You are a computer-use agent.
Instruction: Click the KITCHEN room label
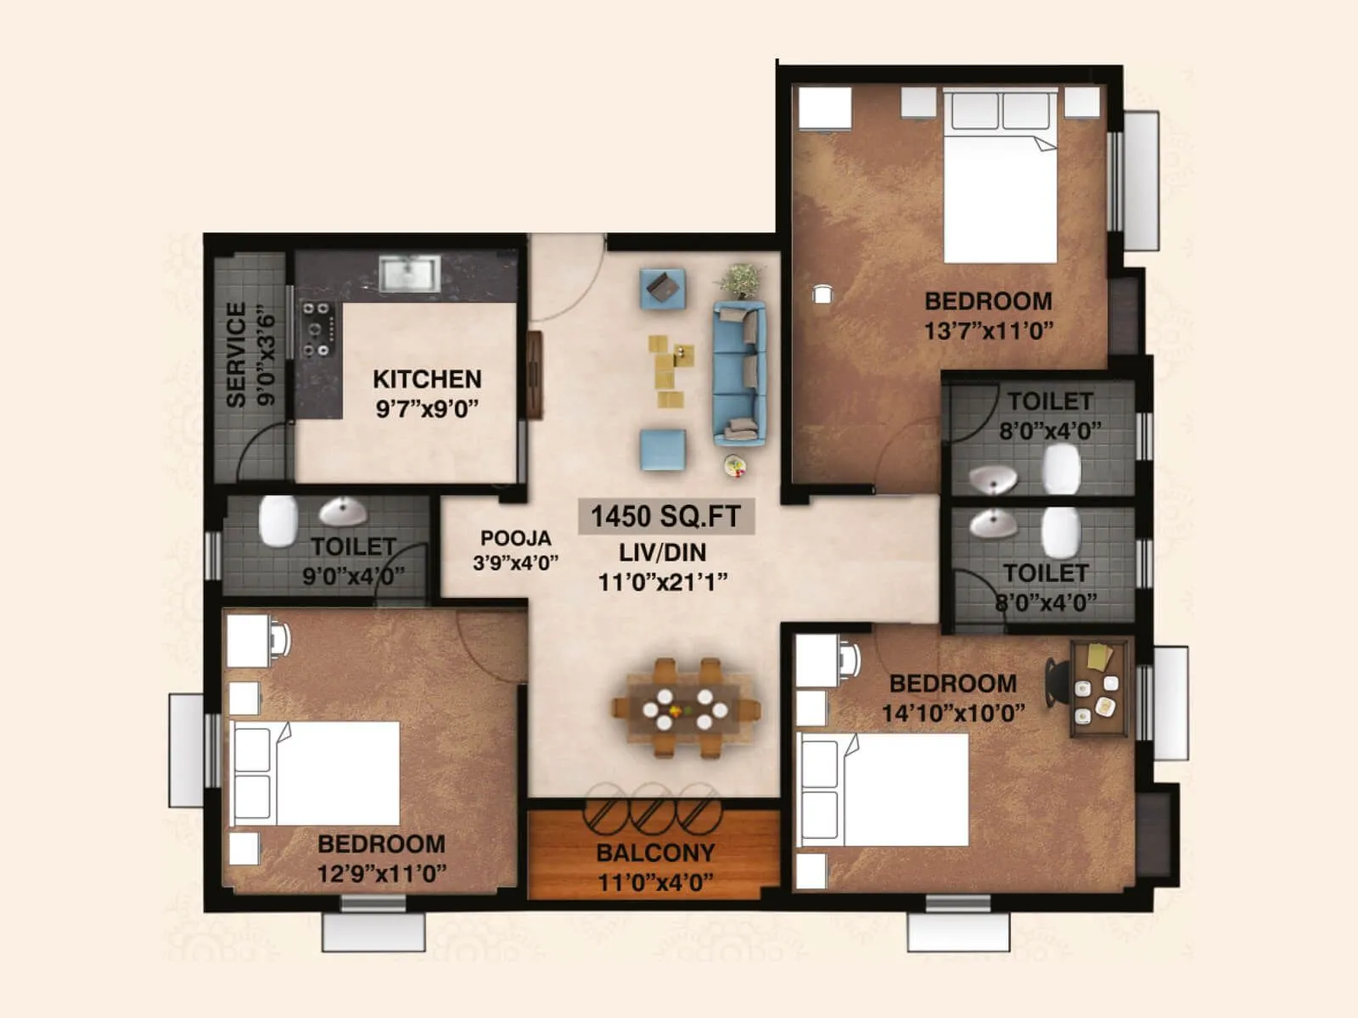427,379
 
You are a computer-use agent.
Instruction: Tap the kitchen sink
410,274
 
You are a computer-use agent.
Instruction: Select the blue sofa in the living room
739,373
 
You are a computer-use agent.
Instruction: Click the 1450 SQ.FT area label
665,516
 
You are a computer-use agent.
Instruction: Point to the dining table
686,708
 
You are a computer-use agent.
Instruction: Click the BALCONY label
655,853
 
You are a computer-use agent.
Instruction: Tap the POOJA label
515,538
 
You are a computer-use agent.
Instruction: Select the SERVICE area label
237,355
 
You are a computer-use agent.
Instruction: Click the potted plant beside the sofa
742,279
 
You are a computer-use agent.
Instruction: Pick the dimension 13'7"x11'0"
988,330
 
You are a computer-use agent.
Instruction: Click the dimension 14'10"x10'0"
953,713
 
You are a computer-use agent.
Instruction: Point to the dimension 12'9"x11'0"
382,873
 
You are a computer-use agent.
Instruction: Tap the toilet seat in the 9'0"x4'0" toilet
278,520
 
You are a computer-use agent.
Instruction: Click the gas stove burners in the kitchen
318,329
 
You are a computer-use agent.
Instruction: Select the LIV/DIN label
662,552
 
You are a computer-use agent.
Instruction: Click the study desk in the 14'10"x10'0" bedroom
1100,688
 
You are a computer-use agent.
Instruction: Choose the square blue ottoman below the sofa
663,450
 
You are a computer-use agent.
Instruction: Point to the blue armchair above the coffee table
662,288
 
